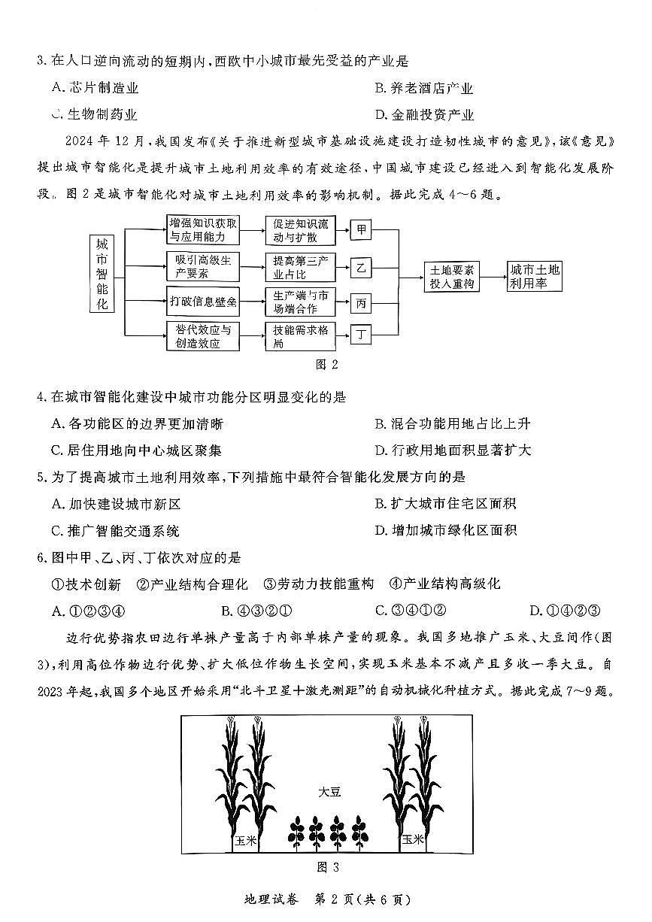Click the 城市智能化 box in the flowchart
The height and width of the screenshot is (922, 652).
click(x=102, y=274)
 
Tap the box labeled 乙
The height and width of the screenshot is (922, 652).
click(x=362, y=268)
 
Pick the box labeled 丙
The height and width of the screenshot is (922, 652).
click(x=362, y=303)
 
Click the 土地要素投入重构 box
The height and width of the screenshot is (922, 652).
click(x=451, y=277)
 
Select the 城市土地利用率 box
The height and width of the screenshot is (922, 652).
click(x=534, y=277)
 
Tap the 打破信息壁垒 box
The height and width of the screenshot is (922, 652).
click(x=202, y=302)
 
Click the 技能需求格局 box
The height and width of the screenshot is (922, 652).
click(x=297, y=336)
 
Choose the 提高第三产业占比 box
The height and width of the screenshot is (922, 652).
click(x=297, y=268)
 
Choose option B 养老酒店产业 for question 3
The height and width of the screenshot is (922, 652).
click(x=425, y=89)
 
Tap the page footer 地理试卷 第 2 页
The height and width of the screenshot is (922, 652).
click(x=326, y=899)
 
